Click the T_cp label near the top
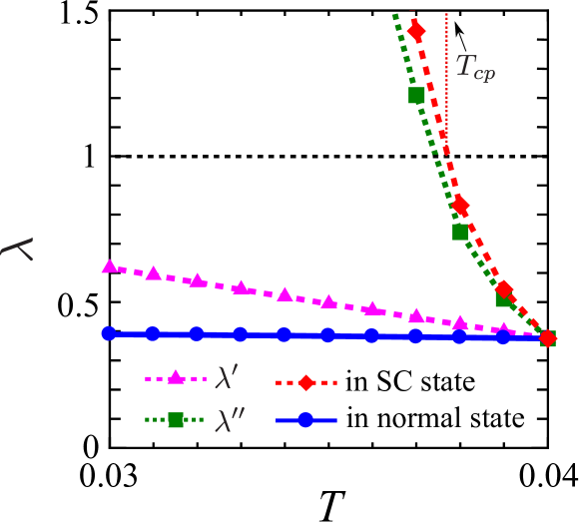pyautogui.click(x=475, y=68)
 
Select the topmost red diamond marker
pyautogui.click(x=415, y=31)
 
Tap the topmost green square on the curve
pyautogui.click(x=416, y=95)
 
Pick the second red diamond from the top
pyautogui.click(x=459, y=206)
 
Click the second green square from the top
pyautogui.click(x=460, y=232)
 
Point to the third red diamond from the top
pyautogui.click(x=504, y=289)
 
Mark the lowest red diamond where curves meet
pyautogui.click(x=547, y=338)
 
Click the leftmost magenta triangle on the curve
pyautogui.click(x=110, y=266)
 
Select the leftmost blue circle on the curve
pyautogui.click(x=109, y=333)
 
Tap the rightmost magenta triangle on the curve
pyautogui.click(x=504, y=328)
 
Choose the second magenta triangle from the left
pyautogui.click(x=154, y=273)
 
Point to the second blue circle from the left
pyautogui.click(x=153, y=333)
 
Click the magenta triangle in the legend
pyautogui.click(x=176, y=377)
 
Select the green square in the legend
pyautogui.click(x=176, y=420)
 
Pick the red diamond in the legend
pyautogui.click(x=306, y=382)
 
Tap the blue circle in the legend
pyautogui.click(x=306, y=420)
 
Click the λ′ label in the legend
pyautogui.click(x=227, y=377)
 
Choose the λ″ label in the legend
pyautogui.click(x=230, y=420)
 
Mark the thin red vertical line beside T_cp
pyautogui.click(x=446, y=80)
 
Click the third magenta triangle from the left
pyautogui.click(x=198, y=280)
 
